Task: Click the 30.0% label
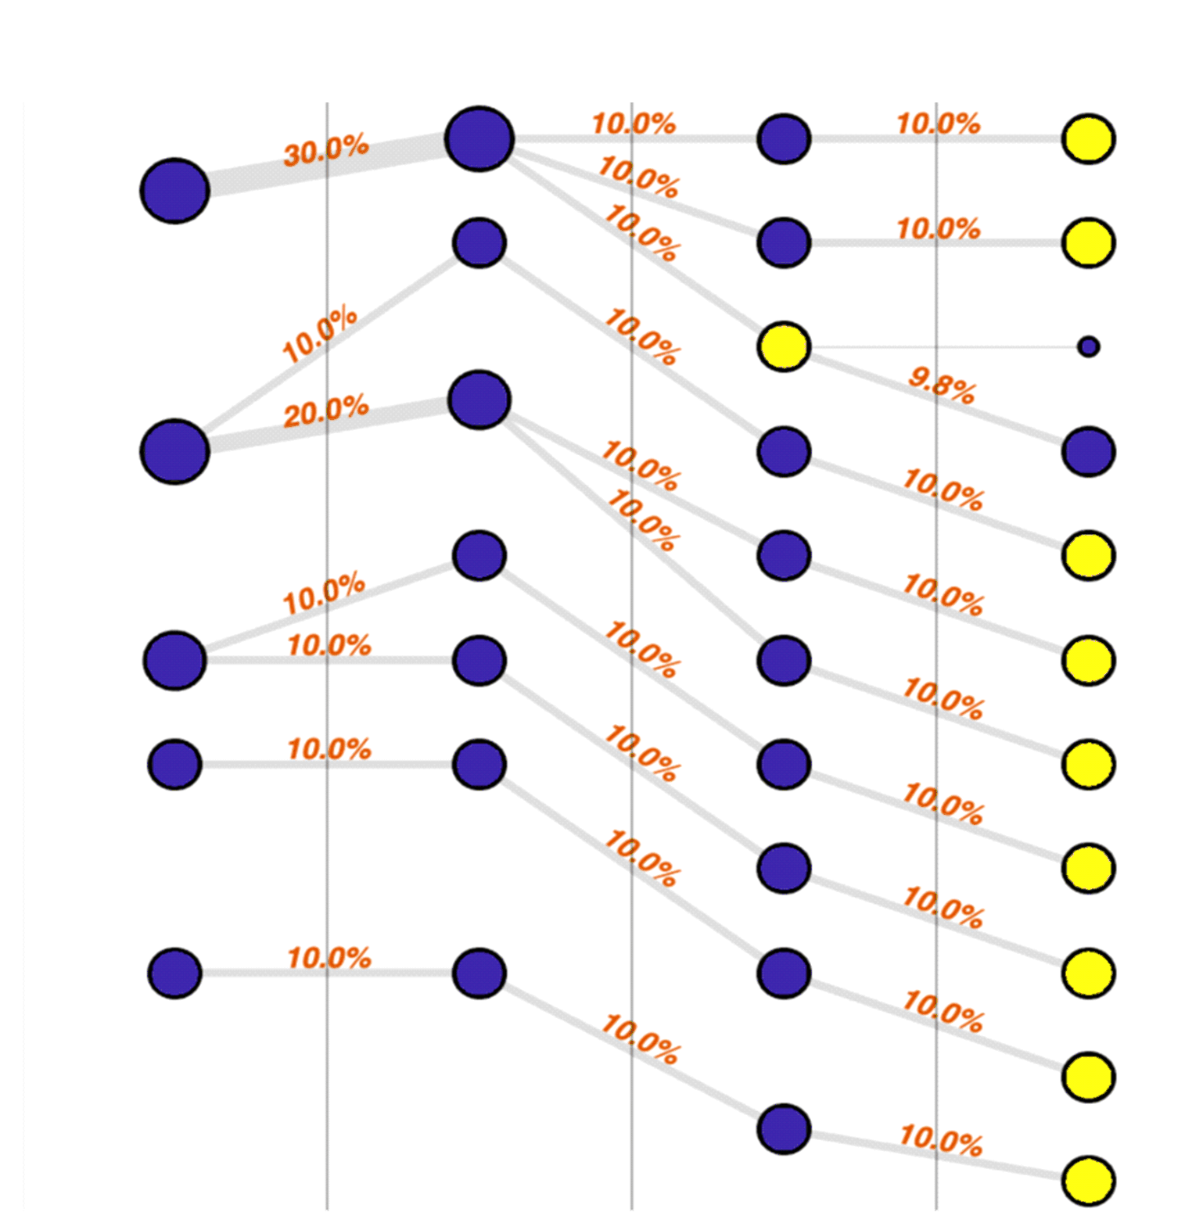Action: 325,149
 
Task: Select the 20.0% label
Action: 325,411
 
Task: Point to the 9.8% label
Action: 942,385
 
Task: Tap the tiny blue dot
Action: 1088,346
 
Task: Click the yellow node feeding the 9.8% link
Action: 784,346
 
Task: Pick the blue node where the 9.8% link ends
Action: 1088,451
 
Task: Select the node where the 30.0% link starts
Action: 174,191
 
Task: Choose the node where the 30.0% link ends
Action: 479,139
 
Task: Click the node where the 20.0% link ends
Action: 479,400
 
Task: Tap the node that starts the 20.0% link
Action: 174,451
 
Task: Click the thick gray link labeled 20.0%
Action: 258,437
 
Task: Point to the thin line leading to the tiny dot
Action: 939,346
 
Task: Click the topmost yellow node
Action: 1088,139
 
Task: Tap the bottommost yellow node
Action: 1088,1181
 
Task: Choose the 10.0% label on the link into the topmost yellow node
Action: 938,124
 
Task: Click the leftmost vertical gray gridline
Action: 327,1095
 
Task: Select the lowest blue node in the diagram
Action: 784,1129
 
